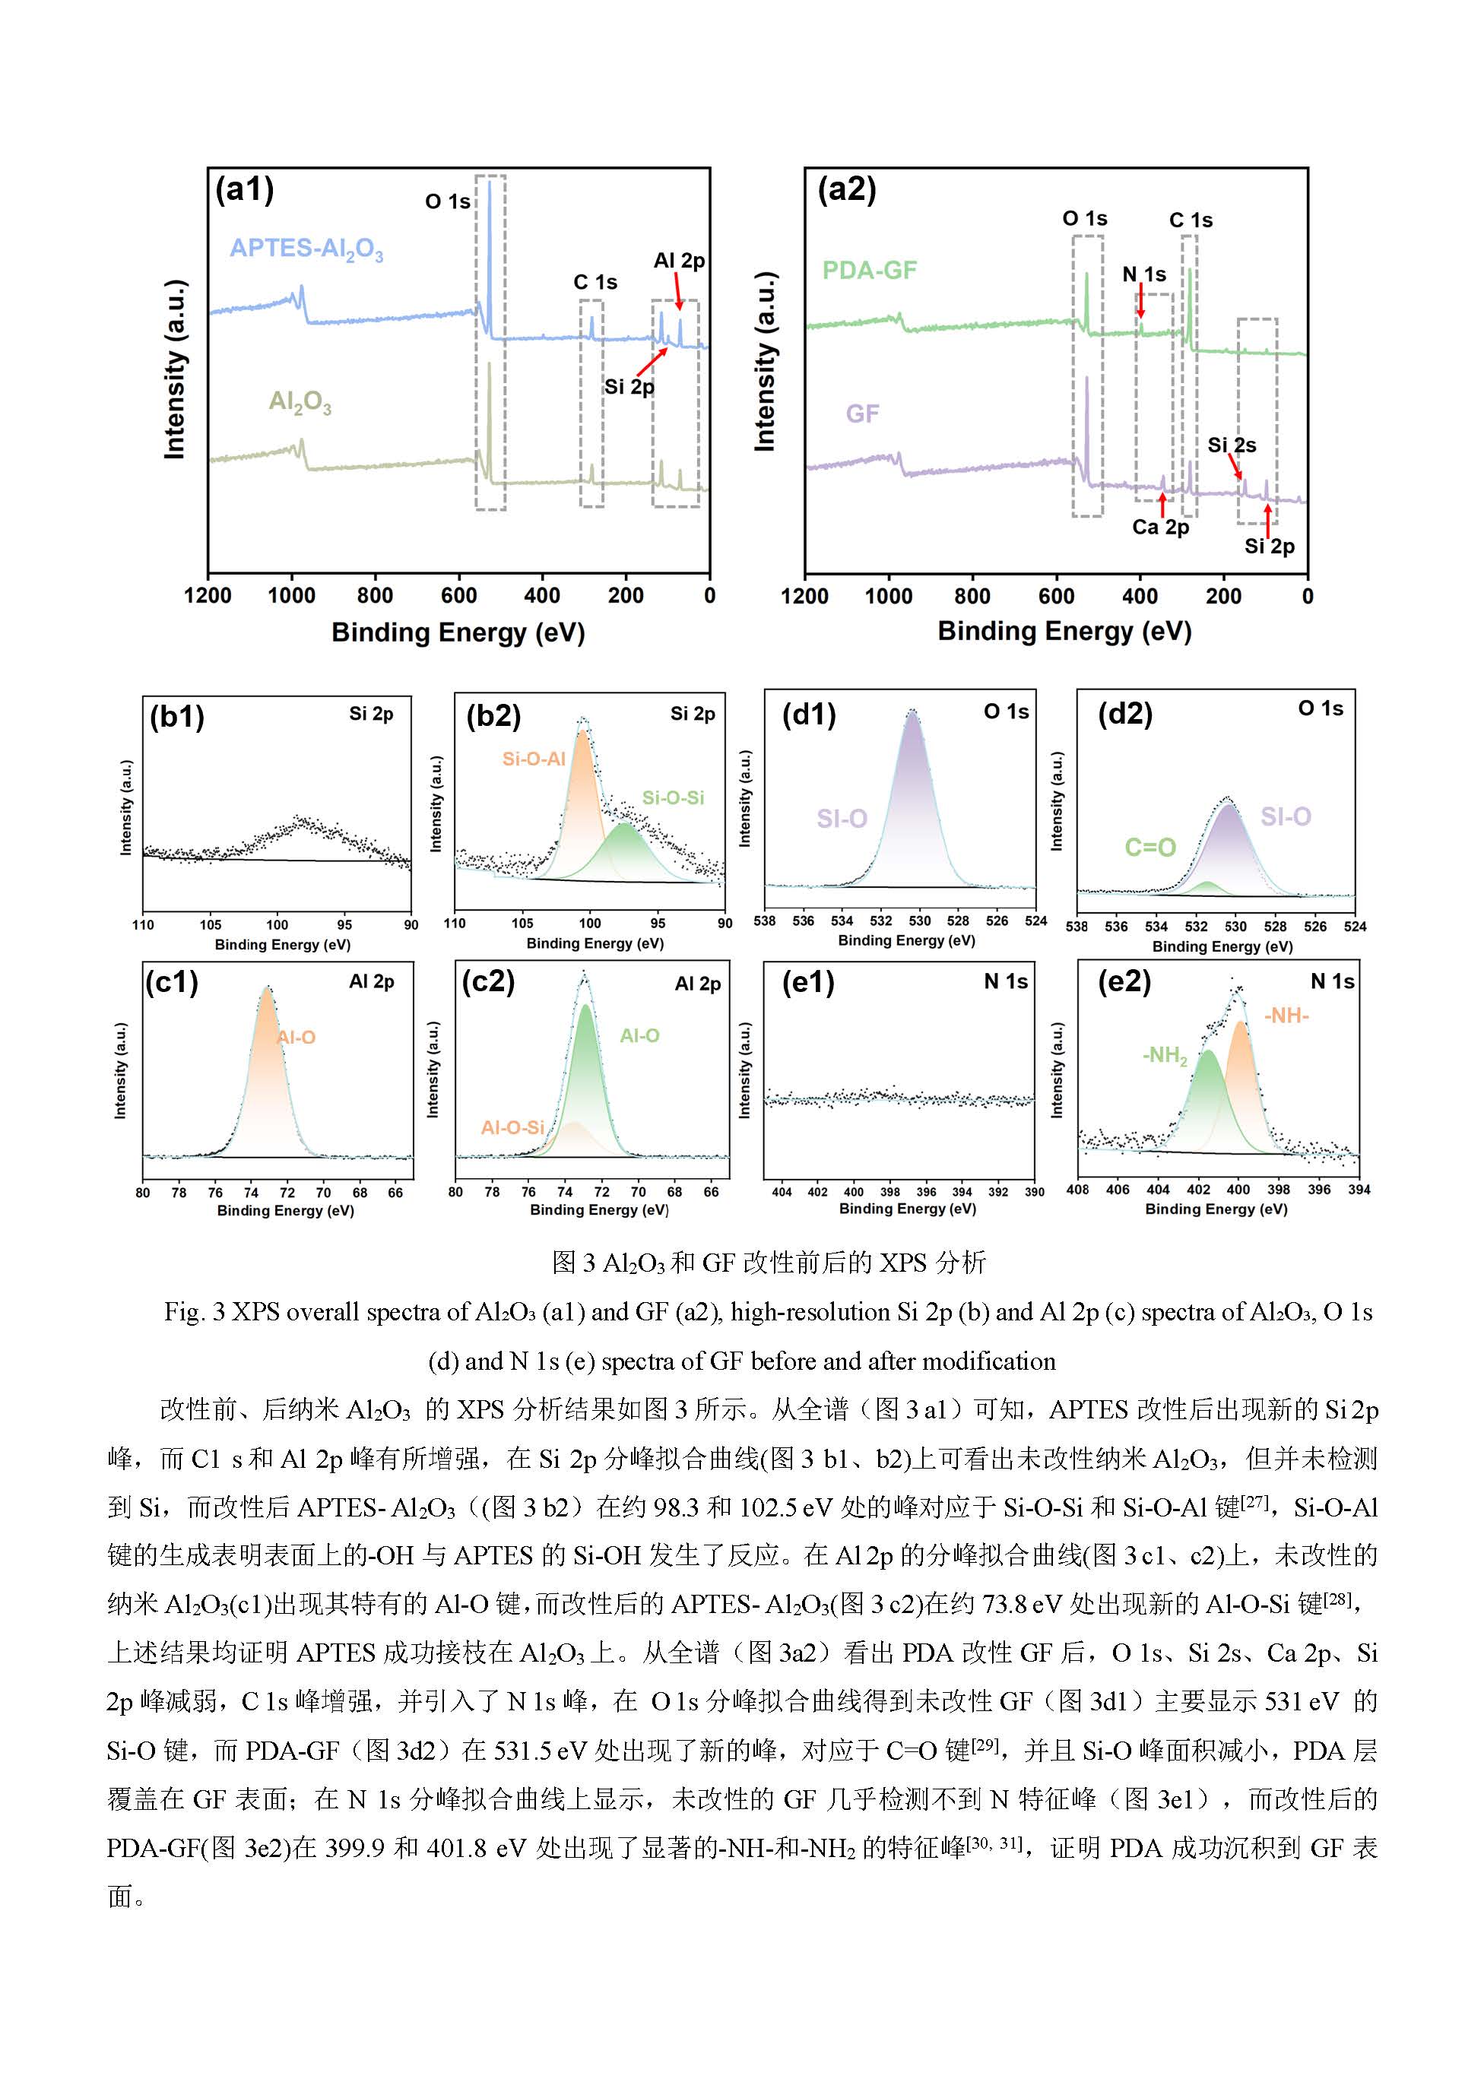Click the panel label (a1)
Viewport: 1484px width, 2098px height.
pos(244,189)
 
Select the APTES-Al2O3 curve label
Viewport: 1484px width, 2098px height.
pos(306,249)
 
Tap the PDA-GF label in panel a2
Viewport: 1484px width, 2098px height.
pos(869,271)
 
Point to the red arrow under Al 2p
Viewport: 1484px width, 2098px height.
pos(678,293)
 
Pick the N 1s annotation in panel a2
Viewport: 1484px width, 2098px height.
pos(1144,274)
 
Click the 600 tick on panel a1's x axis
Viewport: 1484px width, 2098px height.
pos(458,596)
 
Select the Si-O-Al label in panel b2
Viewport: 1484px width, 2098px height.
pos(534,759)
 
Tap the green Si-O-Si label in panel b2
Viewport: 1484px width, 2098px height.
pos(673,797)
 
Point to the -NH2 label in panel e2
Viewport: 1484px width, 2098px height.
pos(1165,1057)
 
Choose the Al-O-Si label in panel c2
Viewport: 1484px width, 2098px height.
pos(512,1127)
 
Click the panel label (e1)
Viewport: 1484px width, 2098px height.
pos(808,982)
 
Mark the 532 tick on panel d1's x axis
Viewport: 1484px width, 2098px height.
pos(881,921)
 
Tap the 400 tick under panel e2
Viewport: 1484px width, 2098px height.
pos(1238,1190)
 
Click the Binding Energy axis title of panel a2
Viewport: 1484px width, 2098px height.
pos(1064,632)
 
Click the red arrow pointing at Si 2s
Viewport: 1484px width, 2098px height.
pos(1234,466)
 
